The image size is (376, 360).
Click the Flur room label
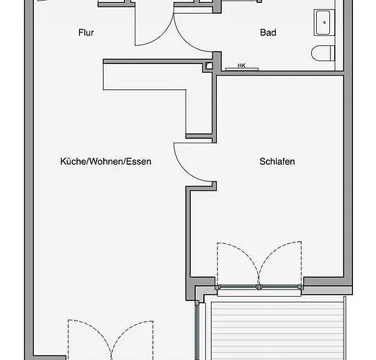point(86,32)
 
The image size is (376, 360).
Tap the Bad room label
point(268,32)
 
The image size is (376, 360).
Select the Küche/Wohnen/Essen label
point(106,161)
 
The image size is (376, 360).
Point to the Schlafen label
point(277,161)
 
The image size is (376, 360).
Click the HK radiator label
point(241,66)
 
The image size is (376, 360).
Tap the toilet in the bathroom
point(323,53)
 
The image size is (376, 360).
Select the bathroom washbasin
point(323,22)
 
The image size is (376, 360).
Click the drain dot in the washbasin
point(324,22)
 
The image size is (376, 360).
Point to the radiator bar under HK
point(242,69)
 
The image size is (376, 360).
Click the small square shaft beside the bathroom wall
point(209,66)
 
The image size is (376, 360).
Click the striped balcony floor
point(277,330)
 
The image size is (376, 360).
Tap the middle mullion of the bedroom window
point(259,287)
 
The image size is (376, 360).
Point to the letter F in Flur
point(81,32)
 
